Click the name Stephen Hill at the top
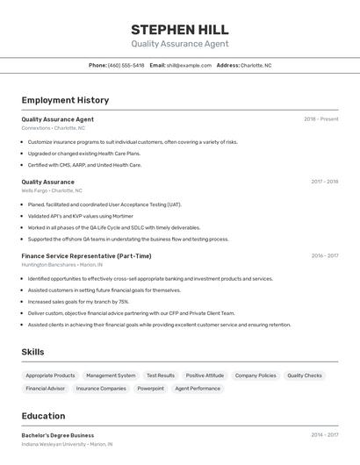point(179,30)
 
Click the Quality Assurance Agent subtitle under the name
point(179,44)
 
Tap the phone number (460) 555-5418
point(126,65)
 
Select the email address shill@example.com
point(189,65)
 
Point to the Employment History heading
point(65,100)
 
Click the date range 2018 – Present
point(320,119)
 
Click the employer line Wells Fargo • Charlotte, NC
point(52,190)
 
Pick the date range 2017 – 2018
point(324,182)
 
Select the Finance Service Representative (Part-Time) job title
point(86,256)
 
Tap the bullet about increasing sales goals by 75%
point(78,301)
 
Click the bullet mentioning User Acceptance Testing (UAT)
point(104,204)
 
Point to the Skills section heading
point(32,352)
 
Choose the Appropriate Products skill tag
point(50,376)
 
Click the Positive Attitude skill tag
point(205,376)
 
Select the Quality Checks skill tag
point(304,376)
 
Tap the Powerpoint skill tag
point(150,389)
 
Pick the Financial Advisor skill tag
point(45,389)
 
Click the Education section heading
point(43,416)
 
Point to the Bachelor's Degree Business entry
point(58,435)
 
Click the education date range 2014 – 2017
point(324,435)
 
